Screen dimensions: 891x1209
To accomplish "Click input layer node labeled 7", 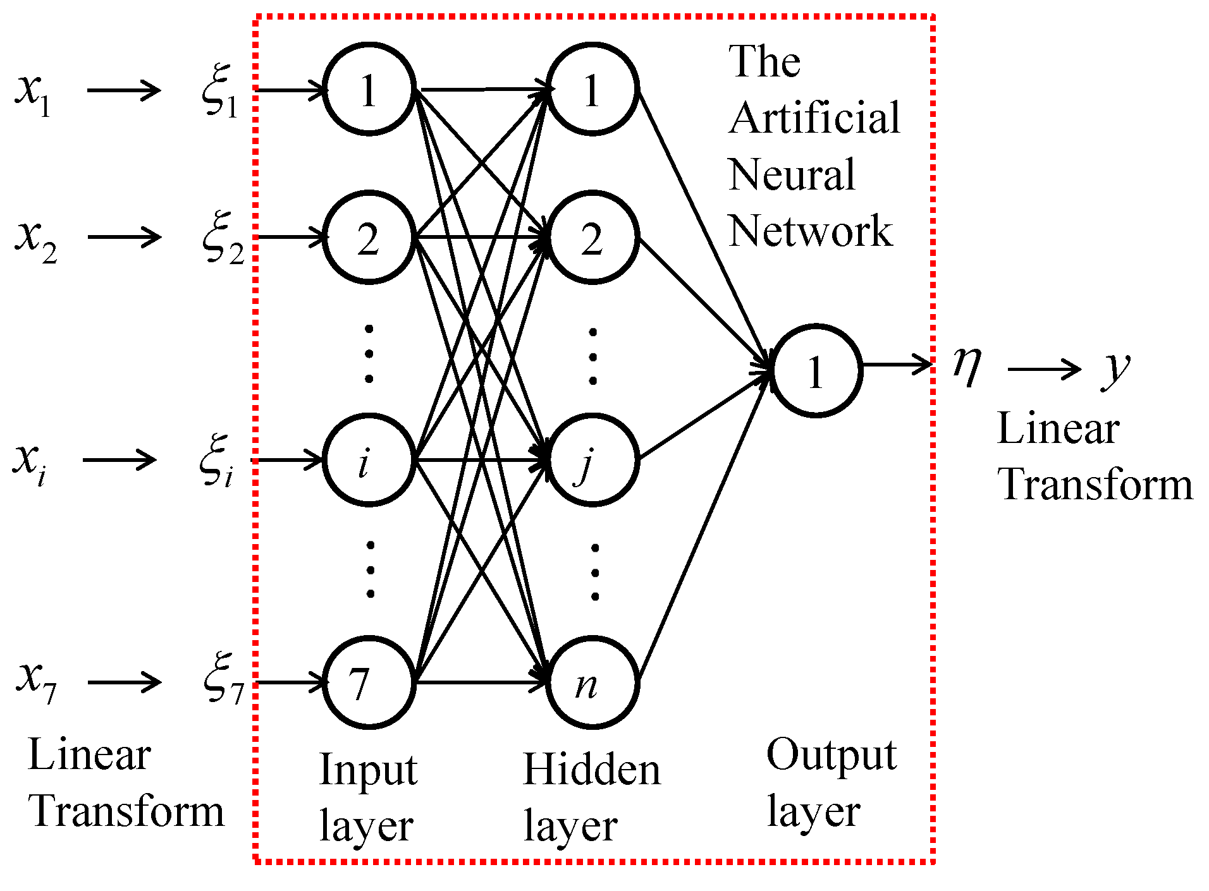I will [369, 682].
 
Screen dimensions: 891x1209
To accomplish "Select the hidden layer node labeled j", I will [592, 460].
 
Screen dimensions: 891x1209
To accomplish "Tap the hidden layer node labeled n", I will [592, 682].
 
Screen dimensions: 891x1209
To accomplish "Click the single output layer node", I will [816, 371].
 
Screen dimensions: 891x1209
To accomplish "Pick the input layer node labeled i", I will [369, 460].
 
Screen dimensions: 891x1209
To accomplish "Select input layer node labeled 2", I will [369, 238].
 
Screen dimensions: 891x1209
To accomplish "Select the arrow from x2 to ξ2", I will [125, 238].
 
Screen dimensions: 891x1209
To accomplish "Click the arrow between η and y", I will [1044, 368].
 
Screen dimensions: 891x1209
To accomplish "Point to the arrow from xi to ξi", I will [120, 460].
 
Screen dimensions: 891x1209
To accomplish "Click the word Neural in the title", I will [792, 175].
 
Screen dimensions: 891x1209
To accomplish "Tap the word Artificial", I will [814, 118].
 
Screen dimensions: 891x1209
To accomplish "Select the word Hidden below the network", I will [591, 770].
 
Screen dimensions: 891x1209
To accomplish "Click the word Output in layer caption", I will [831, 755].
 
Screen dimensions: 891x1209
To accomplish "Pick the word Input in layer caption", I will [368, 772].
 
